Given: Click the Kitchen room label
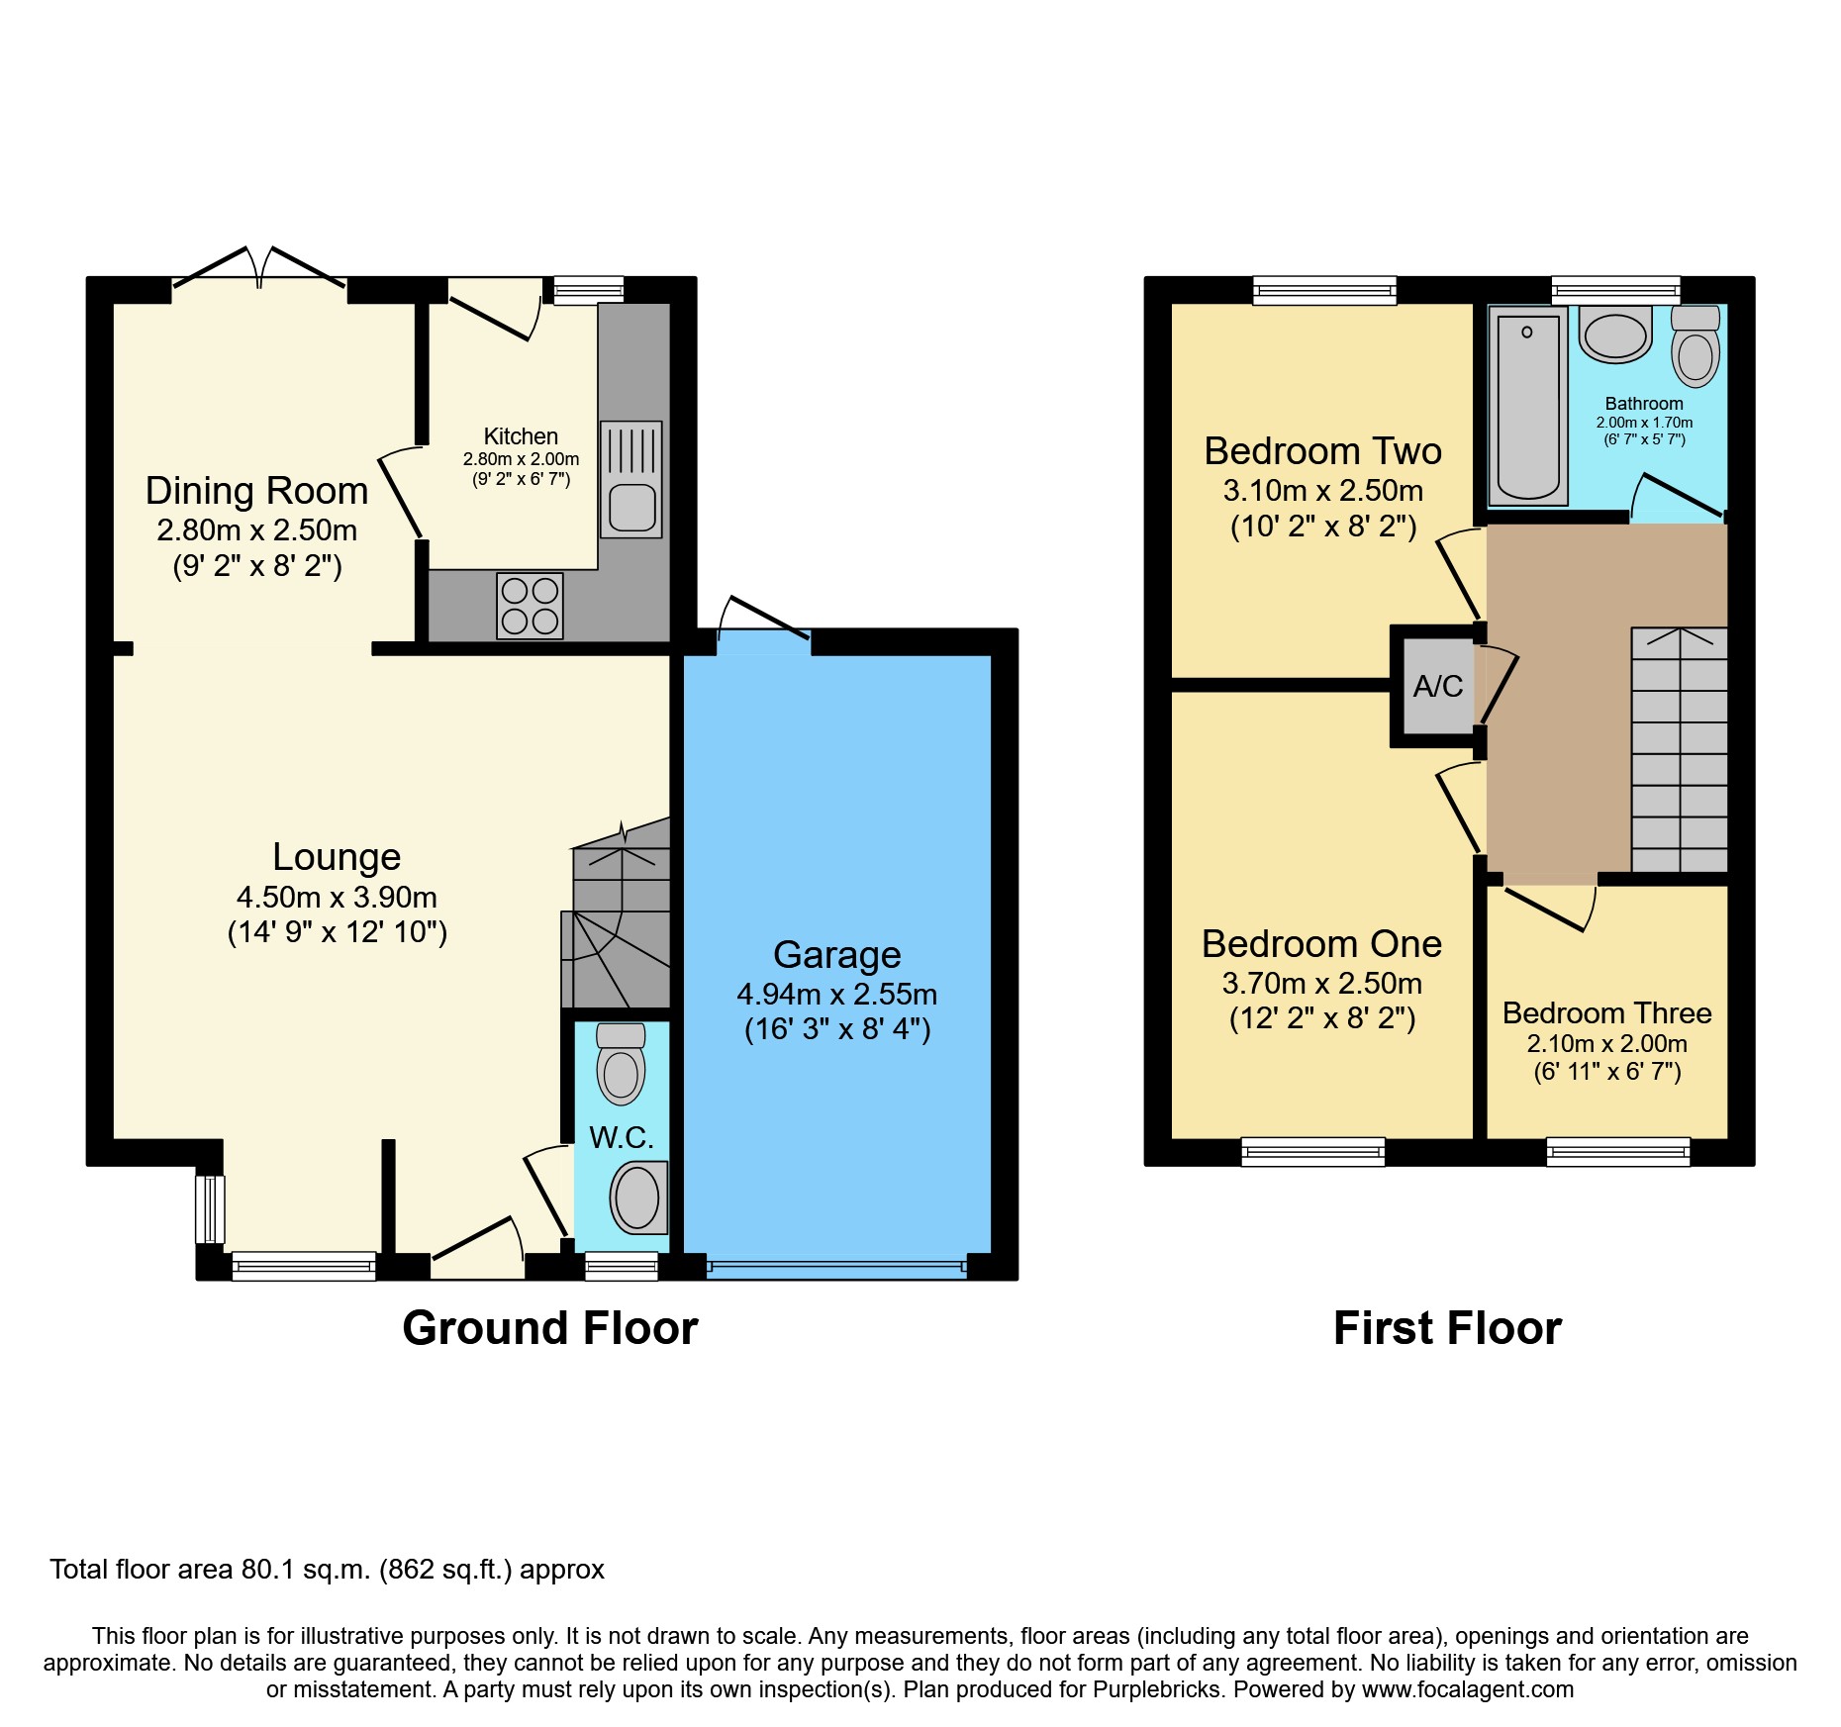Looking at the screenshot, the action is click(521, 436).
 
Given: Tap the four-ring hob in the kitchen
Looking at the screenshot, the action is click(530, 606).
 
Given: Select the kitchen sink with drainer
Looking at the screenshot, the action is click(630, 480).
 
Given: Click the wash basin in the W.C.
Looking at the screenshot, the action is click(638, 1198).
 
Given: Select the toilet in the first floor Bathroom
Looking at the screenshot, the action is click(1696, 346).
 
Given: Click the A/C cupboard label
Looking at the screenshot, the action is click(1437, 686).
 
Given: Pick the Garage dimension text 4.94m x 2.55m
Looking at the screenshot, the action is click(837, 995).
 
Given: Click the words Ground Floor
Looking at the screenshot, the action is click(550, 1328).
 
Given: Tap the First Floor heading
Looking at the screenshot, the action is click(1447, 1328).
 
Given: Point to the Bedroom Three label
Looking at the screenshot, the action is click(1607, 1013).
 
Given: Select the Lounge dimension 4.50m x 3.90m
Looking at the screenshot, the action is click(337, 898).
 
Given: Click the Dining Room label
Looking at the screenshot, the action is click(257, 491).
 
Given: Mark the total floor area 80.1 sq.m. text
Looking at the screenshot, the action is click(328, 1570).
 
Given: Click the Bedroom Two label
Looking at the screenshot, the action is click(1323, 451).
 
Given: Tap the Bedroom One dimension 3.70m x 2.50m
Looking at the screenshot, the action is click(1322, 984).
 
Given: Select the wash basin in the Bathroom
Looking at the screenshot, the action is click(1615, 335).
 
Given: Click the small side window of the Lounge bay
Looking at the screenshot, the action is click(210, 1208).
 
